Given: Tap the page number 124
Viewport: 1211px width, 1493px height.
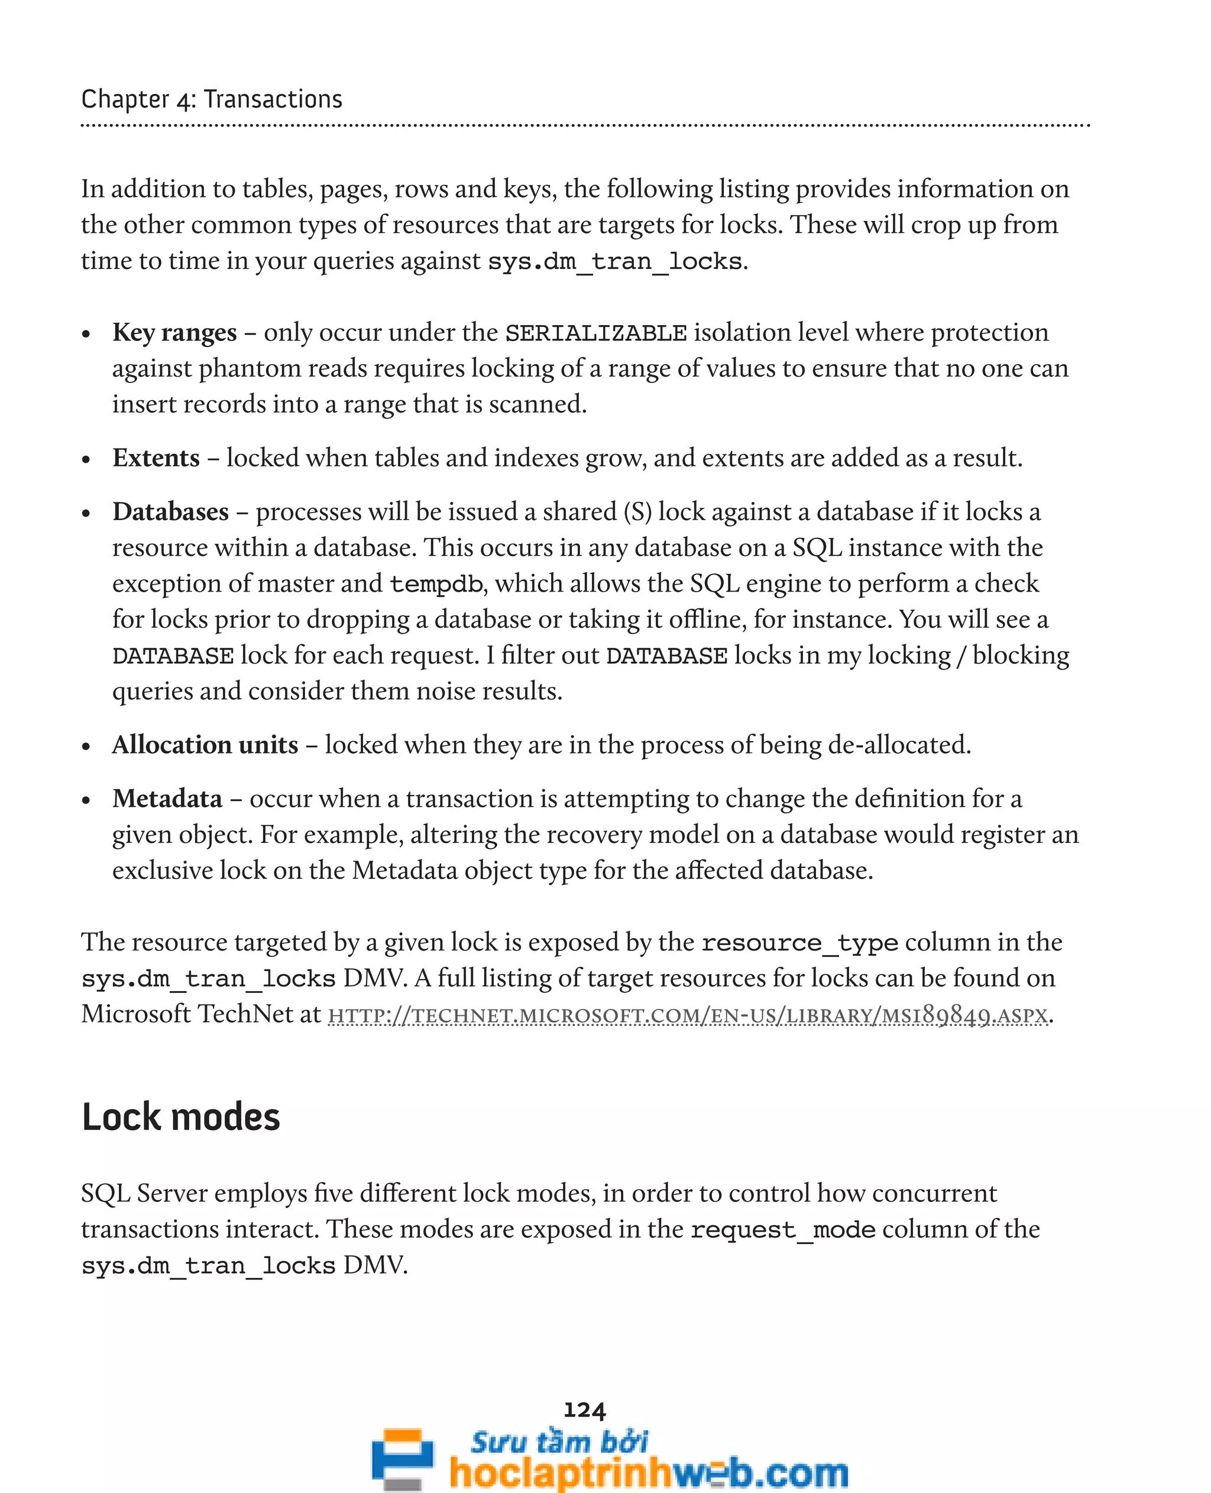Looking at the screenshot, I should point(585,1410).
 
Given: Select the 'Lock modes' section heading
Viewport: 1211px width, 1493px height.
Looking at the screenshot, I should point(181,1117).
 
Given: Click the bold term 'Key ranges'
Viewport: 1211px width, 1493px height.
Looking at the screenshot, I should point(174,333).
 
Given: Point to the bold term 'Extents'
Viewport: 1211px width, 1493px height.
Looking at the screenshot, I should point(156,458).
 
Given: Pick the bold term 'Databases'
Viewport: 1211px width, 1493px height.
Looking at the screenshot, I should point(170,512).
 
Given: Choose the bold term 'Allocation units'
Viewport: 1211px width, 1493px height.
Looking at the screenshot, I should point(205,745).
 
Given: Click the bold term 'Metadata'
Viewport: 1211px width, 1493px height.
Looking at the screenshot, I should point(167,799).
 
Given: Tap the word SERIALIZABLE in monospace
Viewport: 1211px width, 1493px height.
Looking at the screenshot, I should point(595,333).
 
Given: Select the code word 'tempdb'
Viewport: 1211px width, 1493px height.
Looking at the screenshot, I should point(436,584).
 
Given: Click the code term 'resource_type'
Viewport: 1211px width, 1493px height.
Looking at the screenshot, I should point(799,943).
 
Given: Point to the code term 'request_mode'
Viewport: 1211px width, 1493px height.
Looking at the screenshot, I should point(783,1229).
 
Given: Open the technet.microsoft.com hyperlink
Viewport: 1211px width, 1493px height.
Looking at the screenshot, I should point(688,1015).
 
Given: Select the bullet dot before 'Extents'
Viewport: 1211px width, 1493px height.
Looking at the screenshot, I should point(86,460).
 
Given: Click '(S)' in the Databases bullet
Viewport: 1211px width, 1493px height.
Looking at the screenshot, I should point(637,512).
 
